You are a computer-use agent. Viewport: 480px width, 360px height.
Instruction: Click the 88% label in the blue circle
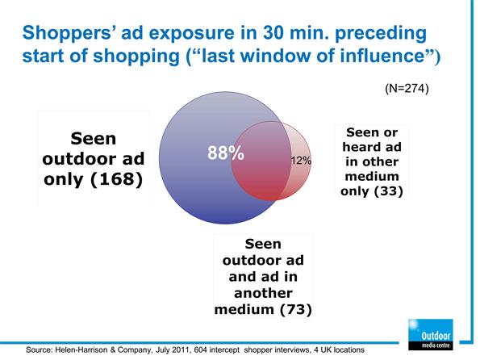[226, 153]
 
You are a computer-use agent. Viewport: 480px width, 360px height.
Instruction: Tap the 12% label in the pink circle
[301, 161]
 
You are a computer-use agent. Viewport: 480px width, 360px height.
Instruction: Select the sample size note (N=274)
[407, 88]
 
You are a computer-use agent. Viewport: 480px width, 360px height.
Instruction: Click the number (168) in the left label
[117, 179]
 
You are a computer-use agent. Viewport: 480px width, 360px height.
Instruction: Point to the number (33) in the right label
[388, 191]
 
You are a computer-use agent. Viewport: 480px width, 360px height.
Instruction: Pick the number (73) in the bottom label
[296, 309]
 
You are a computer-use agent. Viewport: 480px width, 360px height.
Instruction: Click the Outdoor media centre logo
[431, 334]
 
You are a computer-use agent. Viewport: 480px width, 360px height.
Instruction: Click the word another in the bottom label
[263, 293]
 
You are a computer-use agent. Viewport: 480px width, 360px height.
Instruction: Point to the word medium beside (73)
[244, 309]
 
